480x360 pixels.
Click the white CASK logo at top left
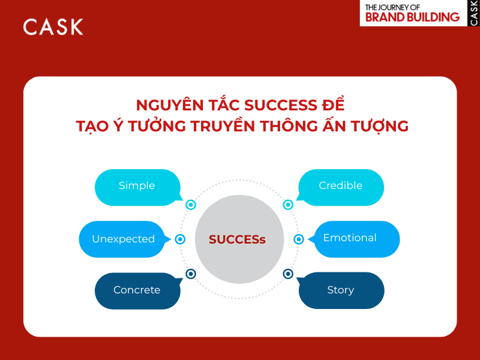[x=53, y=26]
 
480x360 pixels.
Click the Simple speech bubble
[x=137, y=187]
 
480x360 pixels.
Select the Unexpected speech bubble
[x=124, y=239]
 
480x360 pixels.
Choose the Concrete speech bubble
[x=137, y=290]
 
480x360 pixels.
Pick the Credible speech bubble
[x=341, y=187]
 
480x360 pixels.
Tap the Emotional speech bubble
[x=350, y=238]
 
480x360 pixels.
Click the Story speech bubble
[x=341, y=290]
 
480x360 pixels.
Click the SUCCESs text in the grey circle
[x=237, y=239]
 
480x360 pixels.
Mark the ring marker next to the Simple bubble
[x=191, y=205]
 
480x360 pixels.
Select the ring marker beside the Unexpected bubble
[x=180, y=239]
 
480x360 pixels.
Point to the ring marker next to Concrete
[x=191, y=274]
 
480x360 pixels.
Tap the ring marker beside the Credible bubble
[x=288, y=205]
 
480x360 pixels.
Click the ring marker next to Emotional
[x=299, y=239]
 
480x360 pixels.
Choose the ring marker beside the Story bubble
[x=288, y=274]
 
